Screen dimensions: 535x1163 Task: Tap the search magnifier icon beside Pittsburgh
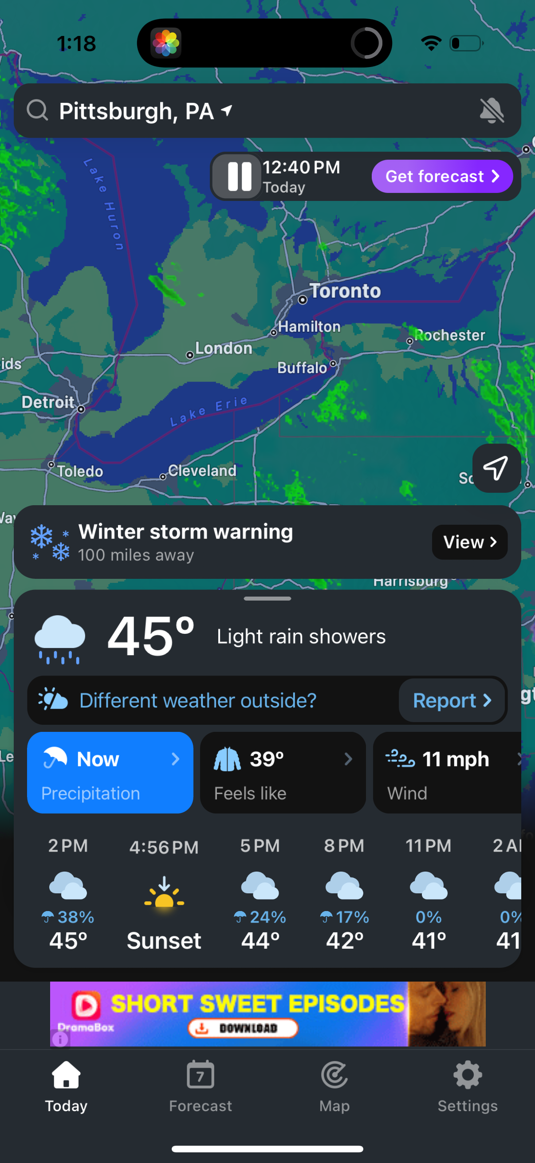[37, 110]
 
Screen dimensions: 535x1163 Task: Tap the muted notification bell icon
[492, 110]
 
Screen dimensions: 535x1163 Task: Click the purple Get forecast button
[442, 176]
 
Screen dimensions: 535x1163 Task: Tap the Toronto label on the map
[345, 291]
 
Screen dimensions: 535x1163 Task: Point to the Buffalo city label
[302, 368]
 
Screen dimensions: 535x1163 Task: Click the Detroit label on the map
[48, 402]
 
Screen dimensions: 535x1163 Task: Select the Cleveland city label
[202, 471]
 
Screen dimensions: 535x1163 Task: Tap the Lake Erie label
[209, 411]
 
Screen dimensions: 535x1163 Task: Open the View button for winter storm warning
[469, 542]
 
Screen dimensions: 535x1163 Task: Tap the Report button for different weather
[452, 700]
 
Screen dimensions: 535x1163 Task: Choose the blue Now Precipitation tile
[110, 773]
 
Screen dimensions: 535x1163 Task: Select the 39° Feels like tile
[283, 773]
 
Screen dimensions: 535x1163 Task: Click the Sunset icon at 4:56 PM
[164, 892]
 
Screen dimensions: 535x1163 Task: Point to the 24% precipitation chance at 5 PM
[260, 917]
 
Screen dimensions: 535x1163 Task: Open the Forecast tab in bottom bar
[201, 1086]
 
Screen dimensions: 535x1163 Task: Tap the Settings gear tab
[467, 1086]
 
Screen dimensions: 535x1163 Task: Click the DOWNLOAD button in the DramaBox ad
[243, 1028]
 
